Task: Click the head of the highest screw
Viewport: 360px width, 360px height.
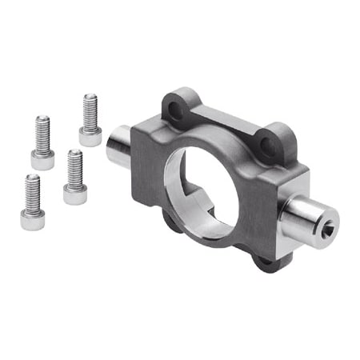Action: coord(90,136)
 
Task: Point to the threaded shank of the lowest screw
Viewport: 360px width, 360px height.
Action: coord(32,190)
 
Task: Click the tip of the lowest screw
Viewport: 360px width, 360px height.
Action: coord(32,177)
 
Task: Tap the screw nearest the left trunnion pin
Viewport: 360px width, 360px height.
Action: coord(90,120)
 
